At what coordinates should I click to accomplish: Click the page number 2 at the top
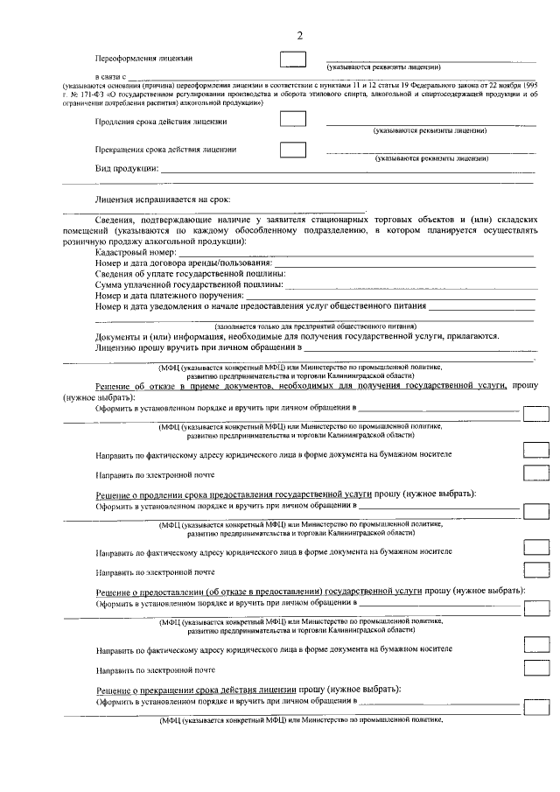[x=299, y=35]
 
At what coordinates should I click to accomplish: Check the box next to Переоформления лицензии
[x=292, y=60]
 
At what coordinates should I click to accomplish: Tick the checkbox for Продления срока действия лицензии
[x=292, y=121]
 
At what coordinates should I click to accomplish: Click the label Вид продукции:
[x=127, y=168]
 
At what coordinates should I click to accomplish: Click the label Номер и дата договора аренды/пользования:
[x=184, y=263]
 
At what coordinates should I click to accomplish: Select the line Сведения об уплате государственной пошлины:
[x=188, y=275]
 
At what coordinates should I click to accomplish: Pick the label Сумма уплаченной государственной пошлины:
[x=190, y=285]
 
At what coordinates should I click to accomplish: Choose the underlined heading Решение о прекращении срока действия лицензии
[x=197, y=690]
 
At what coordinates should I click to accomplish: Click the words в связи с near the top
[x=110, y=78]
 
